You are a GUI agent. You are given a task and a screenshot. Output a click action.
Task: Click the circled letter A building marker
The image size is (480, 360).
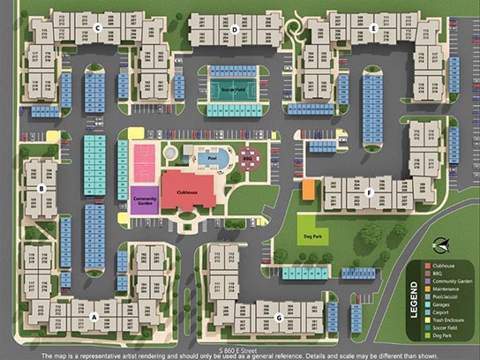click(x=94, y=315)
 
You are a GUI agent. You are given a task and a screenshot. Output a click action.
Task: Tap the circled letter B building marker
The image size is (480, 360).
click(x=41, y=188)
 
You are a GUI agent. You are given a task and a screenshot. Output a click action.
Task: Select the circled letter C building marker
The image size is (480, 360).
click(x=98, y=29)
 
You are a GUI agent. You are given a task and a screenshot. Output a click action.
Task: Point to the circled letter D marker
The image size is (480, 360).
click(x=235, y=29)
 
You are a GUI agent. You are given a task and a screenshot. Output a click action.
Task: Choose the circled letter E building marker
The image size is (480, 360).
click(x=374, y=29)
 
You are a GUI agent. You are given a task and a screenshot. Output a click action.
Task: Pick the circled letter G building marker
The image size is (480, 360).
click(x=278, y=317)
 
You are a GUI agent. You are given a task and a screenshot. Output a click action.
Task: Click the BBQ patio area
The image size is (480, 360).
click(x=249, y=159)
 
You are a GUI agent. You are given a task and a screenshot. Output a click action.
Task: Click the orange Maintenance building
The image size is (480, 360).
click(x=309, y=190)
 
